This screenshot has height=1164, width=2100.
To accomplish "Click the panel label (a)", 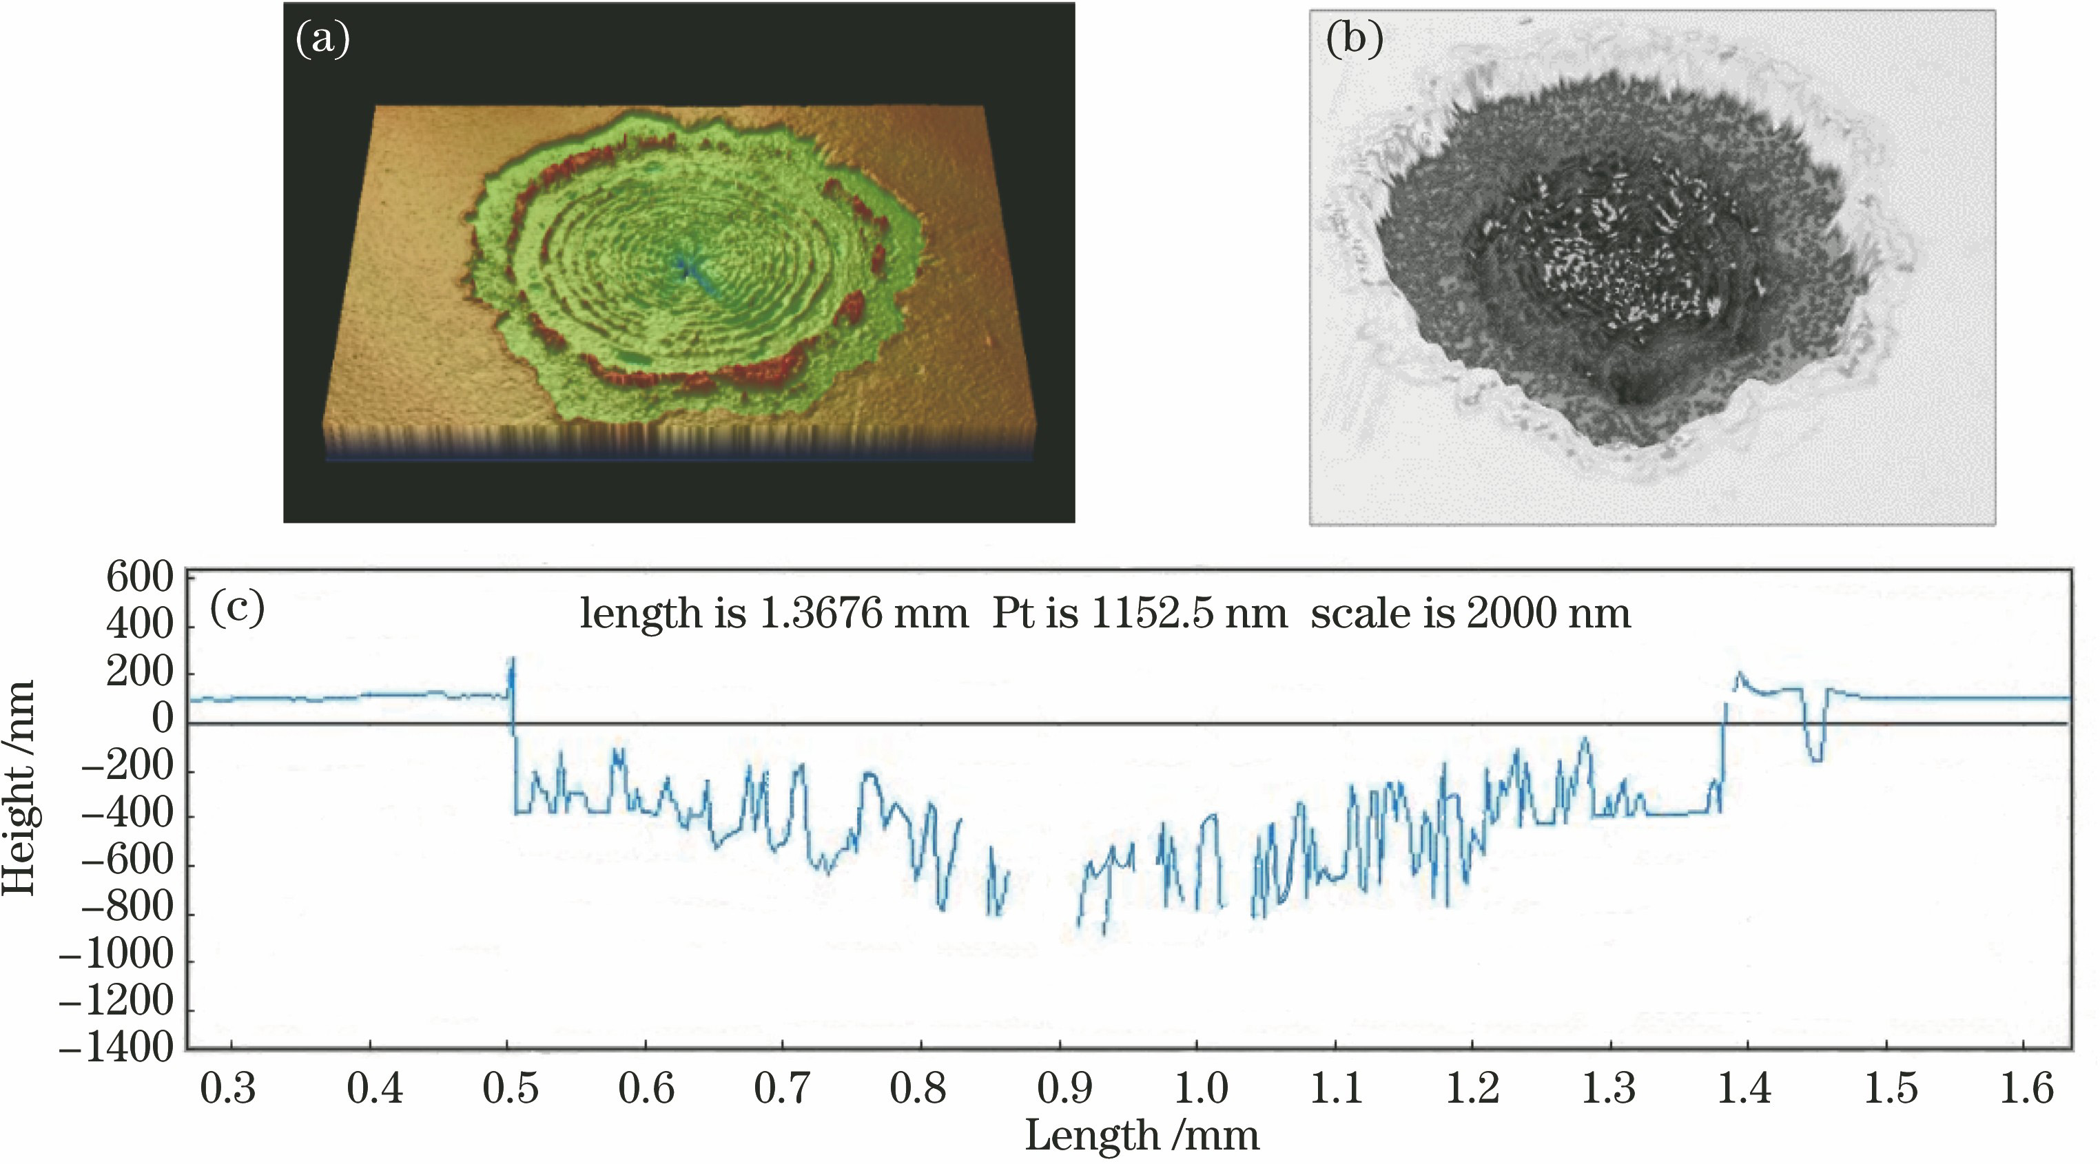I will pyautogui.click(x=323, y=39).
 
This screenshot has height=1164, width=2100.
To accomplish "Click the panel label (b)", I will pyautogui.click(x=1354, y=39).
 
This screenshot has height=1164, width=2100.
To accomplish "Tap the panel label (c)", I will pyautogui.click(x=237, y=607).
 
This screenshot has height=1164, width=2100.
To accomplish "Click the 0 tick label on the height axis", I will pyautogui.click(x=162, y=720).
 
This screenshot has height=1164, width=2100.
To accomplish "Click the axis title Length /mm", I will pyautogui.click(x=1142, y=1136).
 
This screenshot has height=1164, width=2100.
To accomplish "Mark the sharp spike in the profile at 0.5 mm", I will pyautogui.click(x=512, y=665).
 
